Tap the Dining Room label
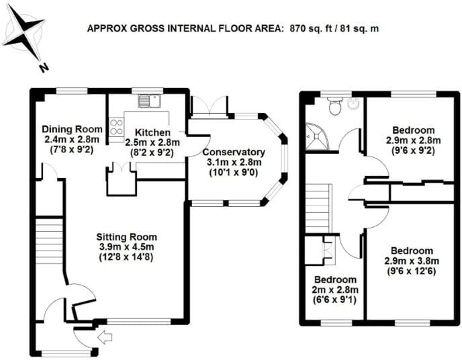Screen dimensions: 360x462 pos(72,129)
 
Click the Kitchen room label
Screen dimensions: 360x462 pos(152,132)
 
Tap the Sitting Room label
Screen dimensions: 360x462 pos(126,237)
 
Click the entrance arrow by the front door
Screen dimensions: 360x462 pos(104,336)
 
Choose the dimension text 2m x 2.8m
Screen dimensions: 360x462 pos(333,290)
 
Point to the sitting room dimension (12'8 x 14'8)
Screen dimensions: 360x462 pos(126,257)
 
